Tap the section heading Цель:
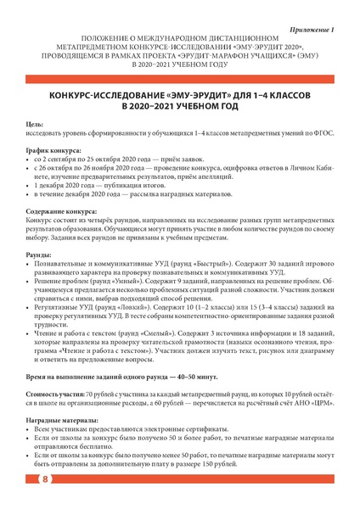[36, 125]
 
